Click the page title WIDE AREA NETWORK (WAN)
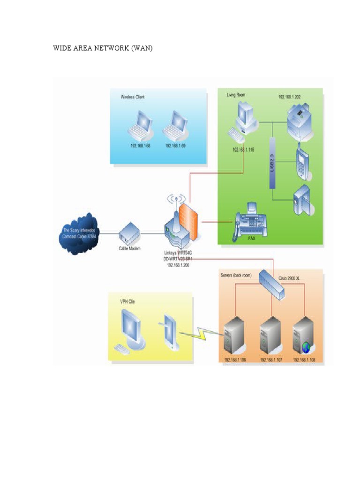tap(103, 48)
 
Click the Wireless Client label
tap(133, 97)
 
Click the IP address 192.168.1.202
tap(289, 97)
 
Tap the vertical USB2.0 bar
tap(271, 163)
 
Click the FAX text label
tap(252, 238)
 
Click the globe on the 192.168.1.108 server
tap(307, 347)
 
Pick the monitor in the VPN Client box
tap(131, 326)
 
